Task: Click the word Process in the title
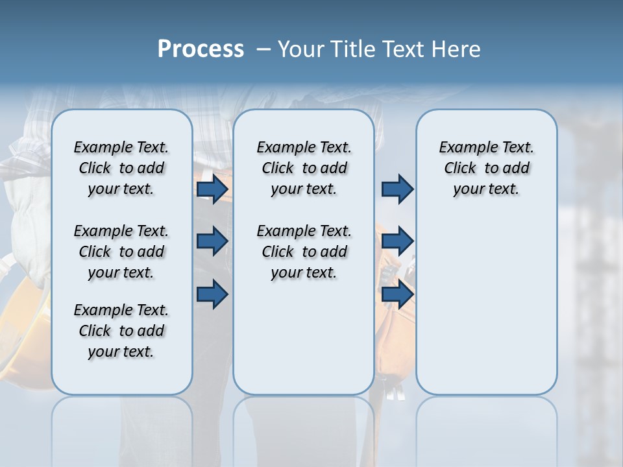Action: [x=201, y=49]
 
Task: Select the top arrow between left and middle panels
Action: [x=212, y=189]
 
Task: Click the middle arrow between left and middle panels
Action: [x=212, y=241]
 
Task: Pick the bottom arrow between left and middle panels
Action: [x=212, y=294]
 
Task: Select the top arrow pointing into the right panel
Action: [x=397, y=189]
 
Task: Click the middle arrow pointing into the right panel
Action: [x=397, y=241]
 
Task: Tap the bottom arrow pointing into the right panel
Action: [x=397, y=294]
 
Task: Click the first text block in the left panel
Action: [x=121, y=168]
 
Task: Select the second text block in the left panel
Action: [x=121, y=252]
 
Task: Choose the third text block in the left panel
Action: [x=121, y=331]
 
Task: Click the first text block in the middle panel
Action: [x=304, y=168]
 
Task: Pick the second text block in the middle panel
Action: [x=304, y=252]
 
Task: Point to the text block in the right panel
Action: [x=486, y=168]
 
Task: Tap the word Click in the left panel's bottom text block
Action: [x=95, y=331]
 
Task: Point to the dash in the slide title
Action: [x=263, y=49]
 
